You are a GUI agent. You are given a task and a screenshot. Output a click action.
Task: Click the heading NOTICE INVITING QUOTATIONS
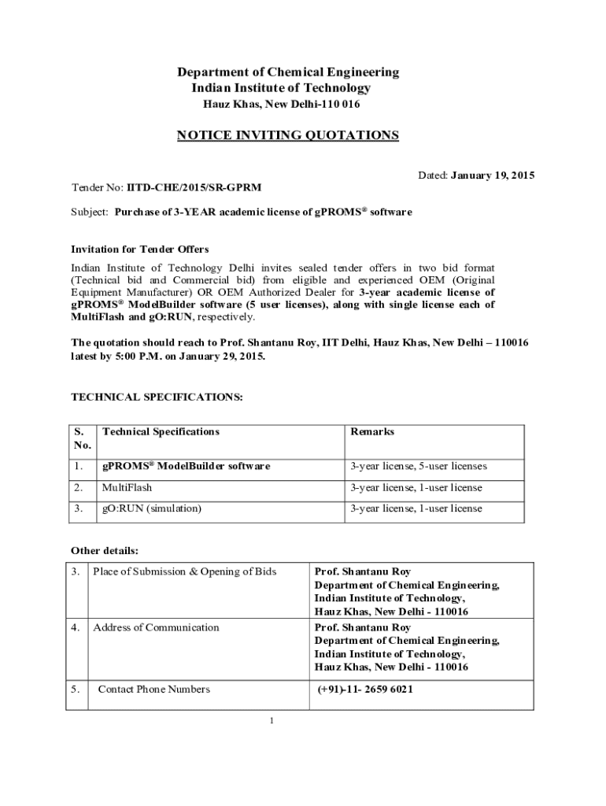pyautogui.click(x=287, y=135)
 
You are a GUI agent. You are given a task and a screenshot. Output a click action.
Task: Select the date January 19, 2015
pyautogui.click(x=493, y=175)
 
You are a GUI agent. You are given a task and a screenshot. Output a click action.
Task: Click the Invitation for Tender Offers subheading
pyautogui.click(x=140, y=250)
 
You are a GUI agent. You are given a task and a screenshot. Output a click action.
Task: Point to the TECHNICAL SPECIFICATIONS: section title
pyautogui.click(x=157, y=397)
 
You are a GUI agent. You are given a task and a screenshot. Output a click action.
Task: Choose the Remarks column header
pyautogui.click(x=372, y=432)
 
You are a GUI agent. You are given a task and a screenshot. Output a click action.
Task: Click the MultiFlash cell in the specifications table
pyautogui.click(x=127, y=488)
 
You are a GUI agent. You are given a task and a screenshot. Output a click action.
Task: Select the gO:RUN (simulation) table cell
pyautogui.click(x=152, y=508)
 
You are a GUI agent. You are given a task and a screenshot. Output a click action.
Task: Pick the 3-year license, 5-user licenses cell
pyautogui.click(x=419, y=466)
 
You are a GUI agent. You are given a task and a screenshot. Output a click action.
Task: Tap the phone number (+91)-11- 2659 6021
pyautogui.click(x=365, y=690)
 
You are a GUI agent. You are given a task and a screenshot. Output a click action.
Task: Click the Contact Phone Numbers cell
pyautogui.click(x=153, y=690)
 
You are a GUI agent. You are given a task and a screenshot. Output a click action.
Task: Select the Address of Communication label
pyautogui.click(x=156, y=627)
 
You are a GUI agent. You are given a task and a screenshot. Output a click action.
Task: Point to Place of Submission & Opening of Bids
pyautogui.click(x=185, y=571)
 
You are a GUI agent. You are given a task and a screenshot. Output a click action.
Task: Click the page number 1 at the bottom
pyautogui.click(x=270, y=721)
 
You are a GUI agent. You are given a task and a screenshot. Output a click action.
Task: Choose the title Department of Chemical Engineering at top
pyautogui.click(x=288, y=72)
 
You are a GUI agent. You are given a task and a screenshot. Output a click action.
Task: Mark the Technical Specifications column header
pyautogui.click(x=161, y=432)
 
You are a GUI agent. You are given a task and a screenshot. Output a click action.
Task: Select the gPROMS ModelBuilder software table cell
pyautogui.click(x=186, y=466)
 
